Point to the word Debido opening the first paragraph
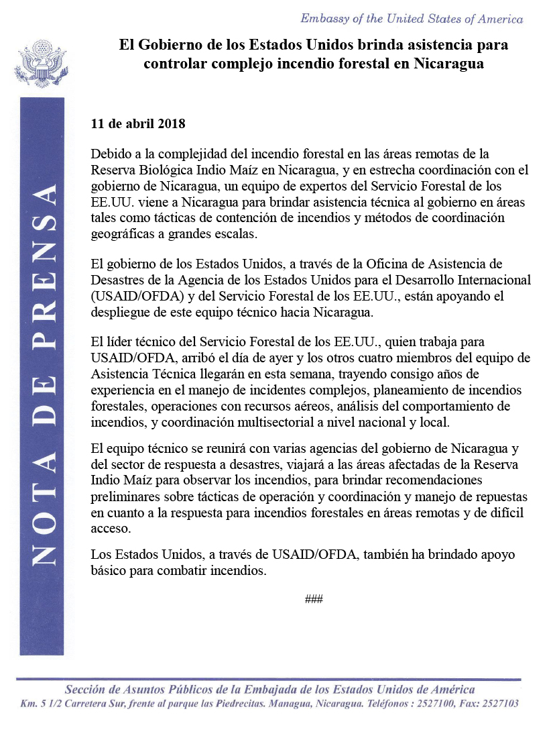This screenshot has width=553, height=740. [x=108, y=154]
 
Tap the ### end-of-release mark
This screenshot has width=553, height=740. [x=314, y=598]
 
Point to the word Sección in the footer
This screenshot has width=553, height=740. [x=84, y=690]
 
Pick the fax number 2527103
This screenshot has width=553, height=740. [x=500, y=704]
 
